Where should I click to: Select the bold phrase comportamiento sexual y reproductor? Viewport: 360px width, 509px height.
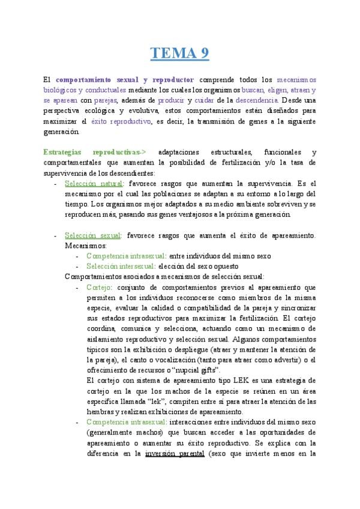point(125,79)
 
